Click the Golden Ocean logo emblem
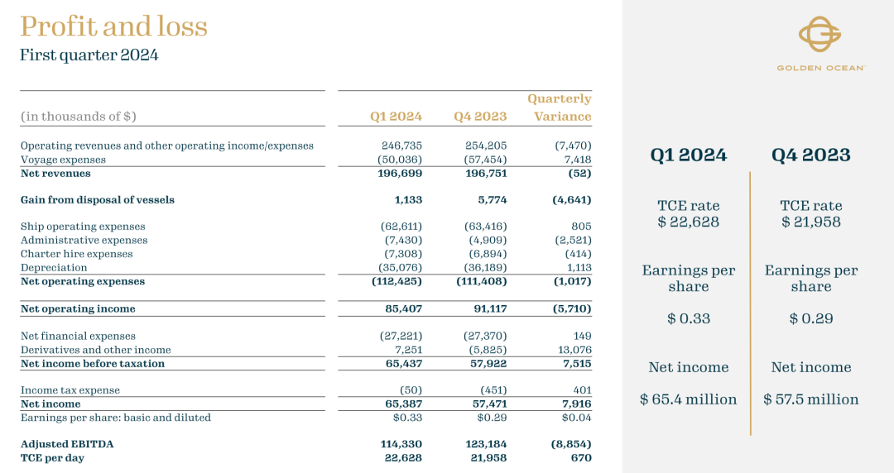(819, 34)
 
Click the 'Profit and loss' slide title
(113, 26)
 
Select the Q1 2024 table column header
(396, 117)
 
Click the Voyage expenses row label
(63, 160)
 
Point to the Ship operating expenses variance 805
(581, 227)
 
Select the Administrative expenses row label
(84, 241)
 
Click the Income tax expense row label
(70, 390)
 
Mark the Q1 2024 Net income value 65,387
(400, 404)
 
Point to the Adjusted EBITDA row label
(67, 444)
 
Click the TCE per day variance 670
(580, 458)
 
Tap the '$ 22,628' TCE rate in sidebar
(688, 222)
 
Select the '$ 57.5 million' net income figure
(810, 399)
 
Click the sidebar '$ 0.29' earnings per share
(810, 318)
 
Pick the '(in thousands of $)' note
(78, 117)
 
